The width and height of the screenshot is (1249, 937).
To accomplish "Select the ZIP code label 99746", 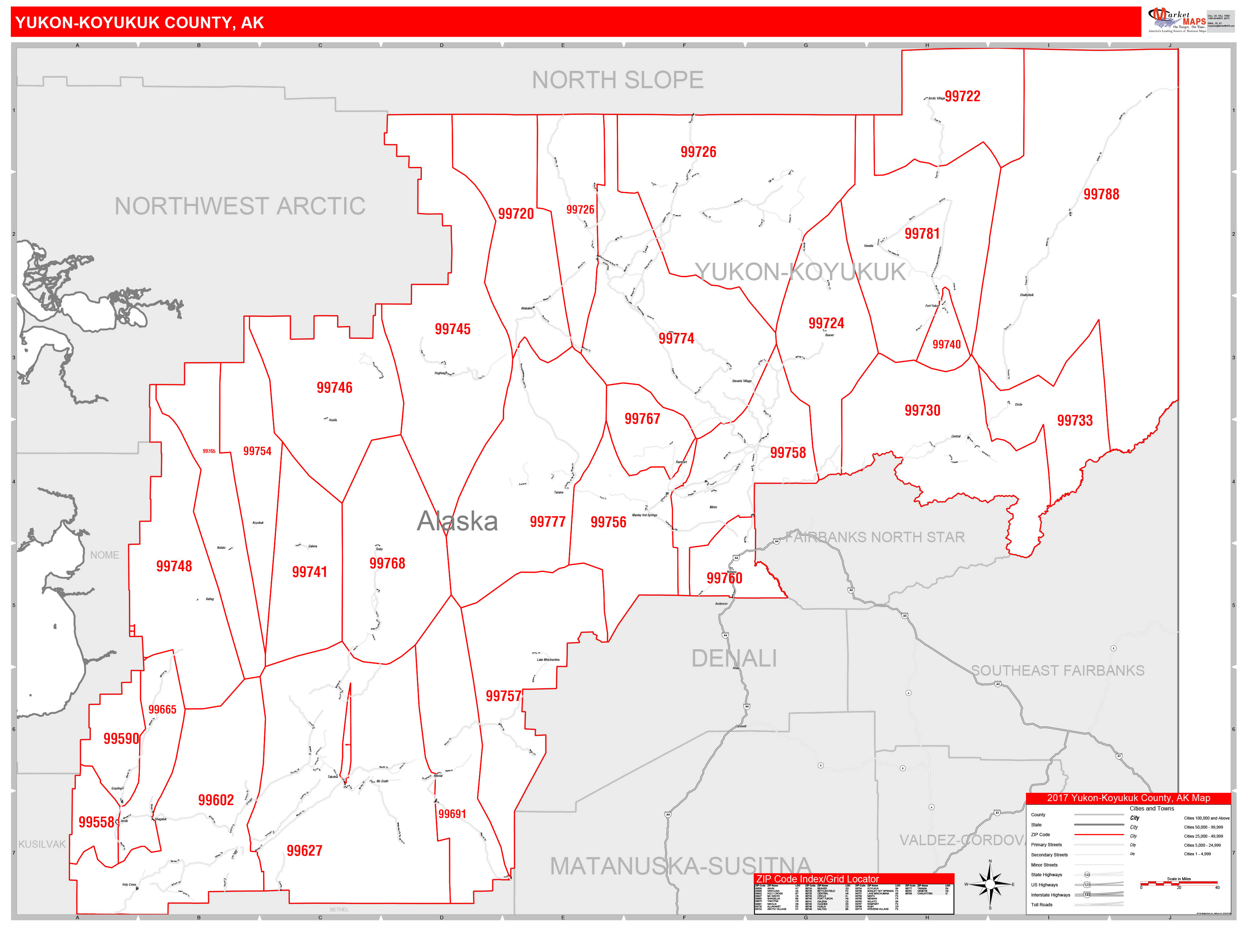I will click(x=334, y=388).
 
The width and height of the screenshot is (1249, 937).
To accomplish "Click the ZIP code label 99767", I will click(x=642, y=419).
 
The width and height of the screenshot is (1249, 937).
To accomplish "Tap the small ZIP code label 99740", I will click(x=947, y=345).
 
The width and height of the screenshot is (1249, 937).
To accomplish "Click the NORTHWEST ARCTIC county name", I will click(x=240, y=206).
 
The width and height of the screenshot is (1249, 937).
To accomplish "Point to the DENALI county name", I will click(x=734, y=659).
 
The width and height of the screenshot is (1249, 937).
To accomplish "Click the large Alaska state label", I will click(x=458, y=521).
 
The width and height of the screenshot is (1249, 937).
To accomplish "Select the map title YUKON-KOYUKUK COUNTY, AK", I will click(x=140, y=22).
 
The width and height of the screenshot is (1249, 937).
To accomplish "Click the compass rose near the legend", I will click(x=989, y=884).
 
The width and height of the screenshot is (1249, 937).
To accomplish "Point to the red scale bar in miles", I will click(x=1179, y=883).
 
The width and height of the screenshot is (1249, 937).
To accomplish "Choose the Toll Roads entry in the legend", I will click(x=1042, y=905).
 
